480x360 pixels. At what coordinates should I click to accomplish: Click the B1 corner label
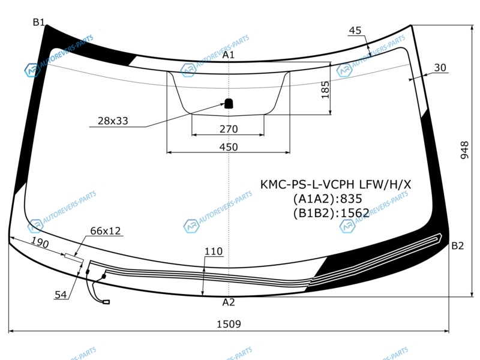pos(39,22)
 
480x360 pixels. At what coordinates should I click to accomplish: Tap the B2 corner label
pos(458,246)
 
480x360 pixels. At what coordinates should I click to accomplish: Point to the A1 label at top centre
pos(229,55)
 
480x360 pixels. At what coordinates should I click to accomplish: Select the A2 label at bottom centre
pos(229,302)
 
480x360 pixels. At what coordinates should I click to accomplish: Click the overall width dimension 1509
pos(229,324)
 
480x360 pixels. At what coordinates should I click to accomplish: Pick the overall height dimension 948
pos(464,150)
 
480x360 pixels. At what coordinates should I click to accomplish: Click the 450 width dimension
pos(229,147)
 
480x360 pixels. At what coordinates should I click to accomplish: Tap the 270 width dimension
pos(229,129)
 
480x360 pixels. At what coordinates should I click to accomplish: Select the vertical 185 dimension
pos(325,89)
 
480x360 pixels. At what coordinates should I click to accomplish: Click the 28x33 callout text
pos(113,121)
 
